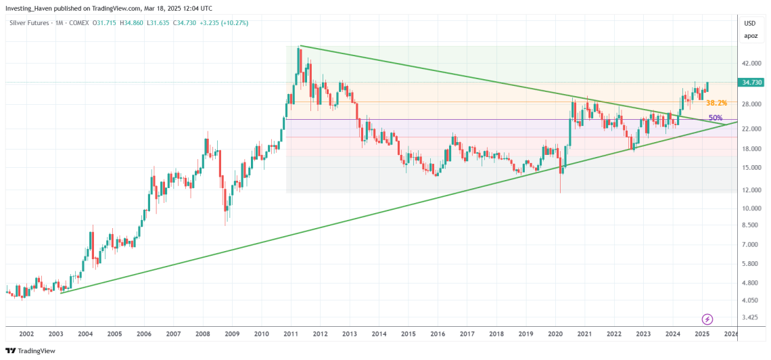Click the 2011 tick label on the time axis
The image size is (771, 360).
coord(291,334)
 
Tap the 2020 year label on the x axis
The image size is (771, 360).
coord(555,334)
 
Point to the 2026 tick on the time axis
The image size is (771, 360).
coord(730,334)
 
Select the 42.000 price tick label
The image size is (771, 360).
coord(751,64)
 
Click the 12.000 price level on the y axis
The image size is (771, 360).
coord(751,190)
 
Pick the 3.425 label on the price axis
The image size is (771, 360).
coord(750,317)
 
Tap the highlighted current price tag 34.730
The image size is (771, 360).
coord(752,83)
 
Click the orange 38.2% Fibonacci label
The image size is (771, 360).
coord(716,103)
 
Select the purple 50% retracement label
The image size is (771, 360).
coord(716,118)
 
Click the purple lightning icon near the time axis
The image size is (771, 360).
coord(707,319)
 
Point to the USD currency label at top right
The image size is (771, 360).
coord(750,23)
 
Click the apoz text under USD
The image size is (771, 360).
coord(750,35)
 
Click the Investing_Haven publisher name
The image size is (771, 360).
coord(30,7)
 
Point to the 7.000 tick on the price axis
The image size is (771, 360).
coord(750,244)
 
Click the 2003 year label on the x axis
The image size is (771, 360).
coord(55,334)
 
